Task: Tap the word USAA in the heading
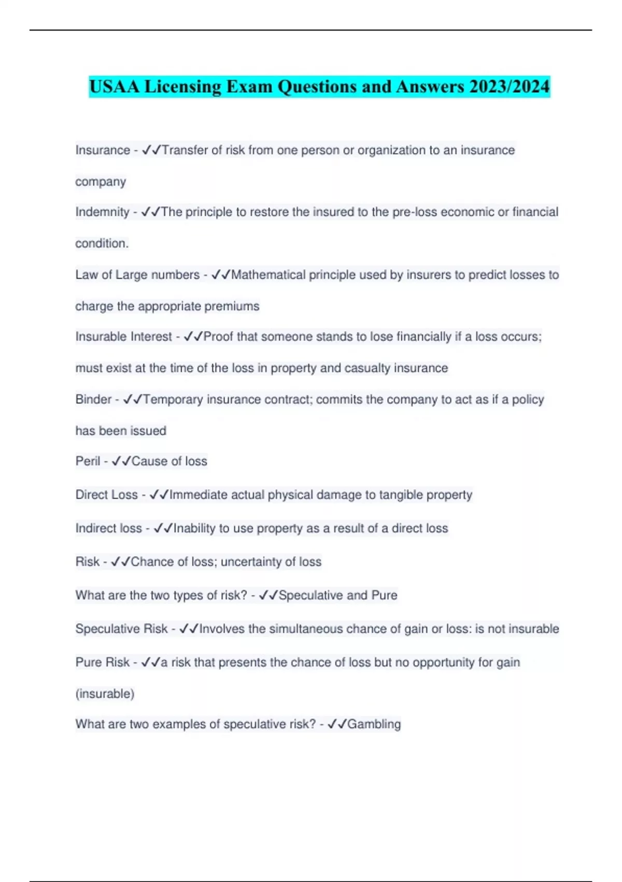[115, 87]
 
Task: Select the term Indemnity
[102, 212]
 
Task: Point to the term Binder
[93, 399]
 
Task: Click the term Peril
[88, 461]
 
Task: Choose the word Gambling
[374, 724]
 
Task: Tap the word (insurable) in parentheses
[105, 694]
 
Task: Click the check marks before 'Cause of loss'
[121, 461]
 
